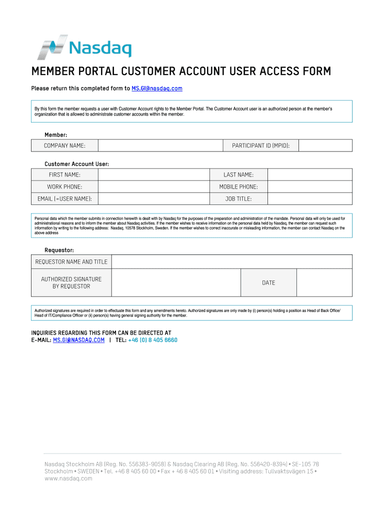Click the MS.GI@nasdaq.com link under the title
(156, 88)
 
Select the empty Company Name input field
(160, 145)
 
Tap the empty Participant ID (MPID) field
(325, 145)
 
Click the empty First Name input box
(153, 174)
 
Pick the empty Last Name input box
(310, 174)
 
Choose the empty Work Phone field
(153, 186)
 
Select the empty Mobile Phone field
(310, 186)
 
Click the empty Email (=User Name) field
(153, 198)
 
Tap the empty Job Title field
(310, 198)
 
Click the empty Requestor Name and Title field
(231, 261)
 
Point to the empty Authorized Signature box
(176, 283)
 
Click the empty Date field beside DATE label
(324, 283)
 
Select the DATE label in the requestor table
(268, 283)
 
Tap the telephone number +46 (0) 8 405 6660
(152, 340)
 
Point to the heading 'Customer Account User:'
(76, 164)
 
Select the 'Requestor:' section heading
(59, 249)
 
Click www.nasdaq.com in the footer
(68, 478)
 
